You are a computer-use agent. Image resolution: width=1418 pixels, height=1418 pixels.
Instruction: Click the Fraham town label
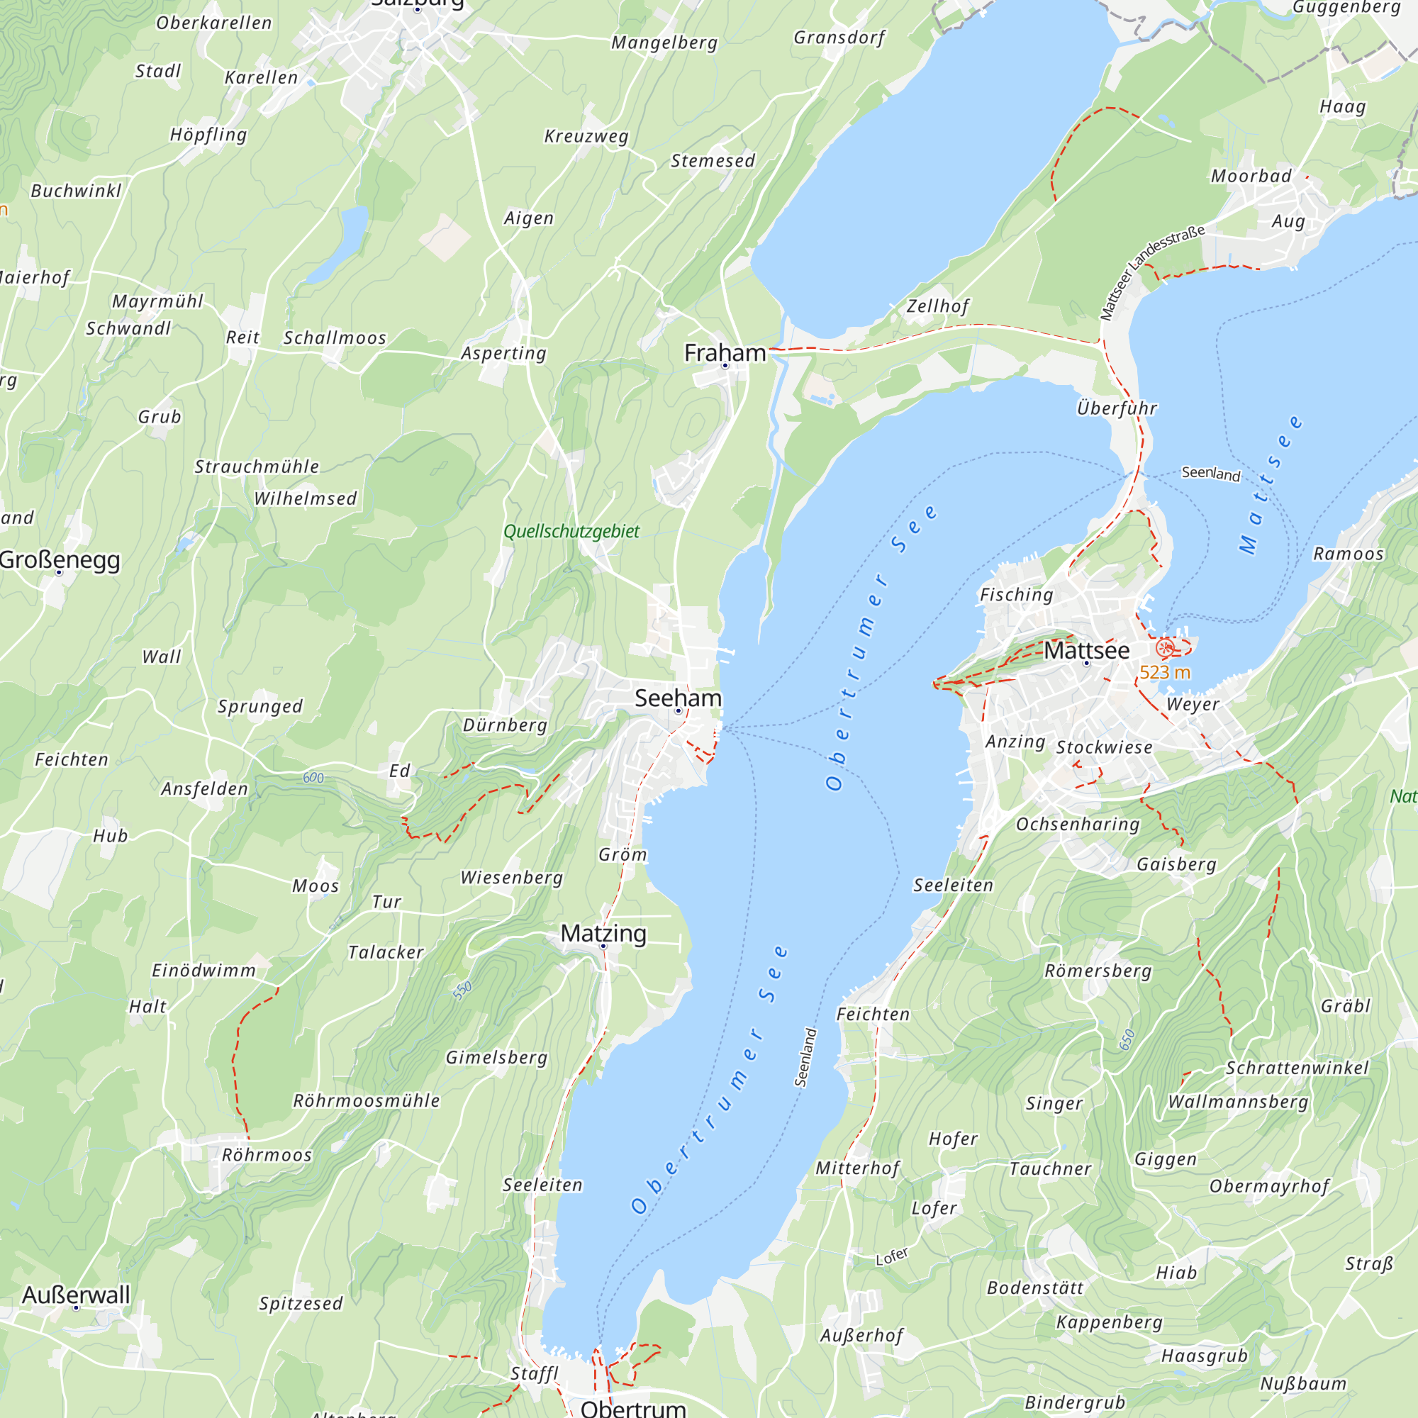(x=725, y=353)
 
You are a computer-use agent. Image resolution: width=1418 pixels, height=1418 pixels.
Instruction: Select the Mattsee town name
(x=1086, y=650)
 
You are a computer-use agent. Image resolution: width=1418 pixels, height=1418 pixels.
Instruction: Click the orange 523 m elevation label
(x=1165, y=672)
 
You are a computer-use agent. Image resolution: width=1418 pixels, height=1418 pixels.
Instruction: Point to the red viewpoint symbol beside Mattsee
(x=1164, y=647)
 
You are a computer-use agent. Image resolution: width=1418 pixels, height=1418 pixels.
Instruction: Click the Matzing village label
(x=603, y=933)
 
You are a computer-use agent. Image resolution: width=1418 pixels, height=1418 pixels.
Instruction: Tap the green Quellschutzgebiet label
(x=571, y=531)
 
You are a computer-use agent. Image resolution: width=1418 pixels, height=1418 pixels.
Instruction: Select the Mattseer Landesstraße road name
(x=1151, y=273)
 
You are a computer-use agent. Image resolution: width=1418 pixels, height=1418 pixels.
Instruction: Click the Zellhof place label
(x=937, y=306)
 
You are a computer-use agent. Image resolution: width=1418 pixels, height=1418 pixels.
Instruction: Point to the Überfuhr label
(x=1117, y=408)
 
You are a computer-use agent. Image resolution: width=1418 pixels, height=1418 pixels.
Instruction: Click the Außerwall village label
(x=76, y=1295)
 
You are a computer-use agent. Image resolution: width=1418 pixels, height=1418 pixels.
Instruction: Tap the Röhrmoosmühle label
(x=367, y=1101)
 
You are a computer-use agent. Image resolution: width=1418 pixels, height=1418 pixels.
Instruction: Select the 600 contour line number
(x=313, y=778)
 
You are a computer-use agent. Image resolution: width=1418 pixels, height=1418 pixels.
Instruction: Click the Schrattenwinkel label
(x=1297, y=1068)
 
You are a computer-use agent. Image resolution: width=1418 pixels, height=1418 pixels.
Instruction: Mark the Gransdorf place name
(x=839, y=38)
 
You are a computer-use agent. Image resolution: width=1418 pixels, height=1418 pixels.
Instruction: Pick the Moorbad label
(x=1251, y=176)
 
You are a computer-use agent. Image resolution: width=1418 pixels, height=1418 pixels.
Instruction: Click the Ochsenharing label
(x=1078, y=825)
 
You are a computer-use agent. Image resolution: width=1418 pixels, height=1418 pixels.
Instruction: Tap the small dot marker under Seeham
(x=679, y=711)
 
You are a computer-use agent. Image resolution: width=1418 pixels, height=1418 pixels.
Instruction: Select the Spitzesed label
(x=300, y=1304)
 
